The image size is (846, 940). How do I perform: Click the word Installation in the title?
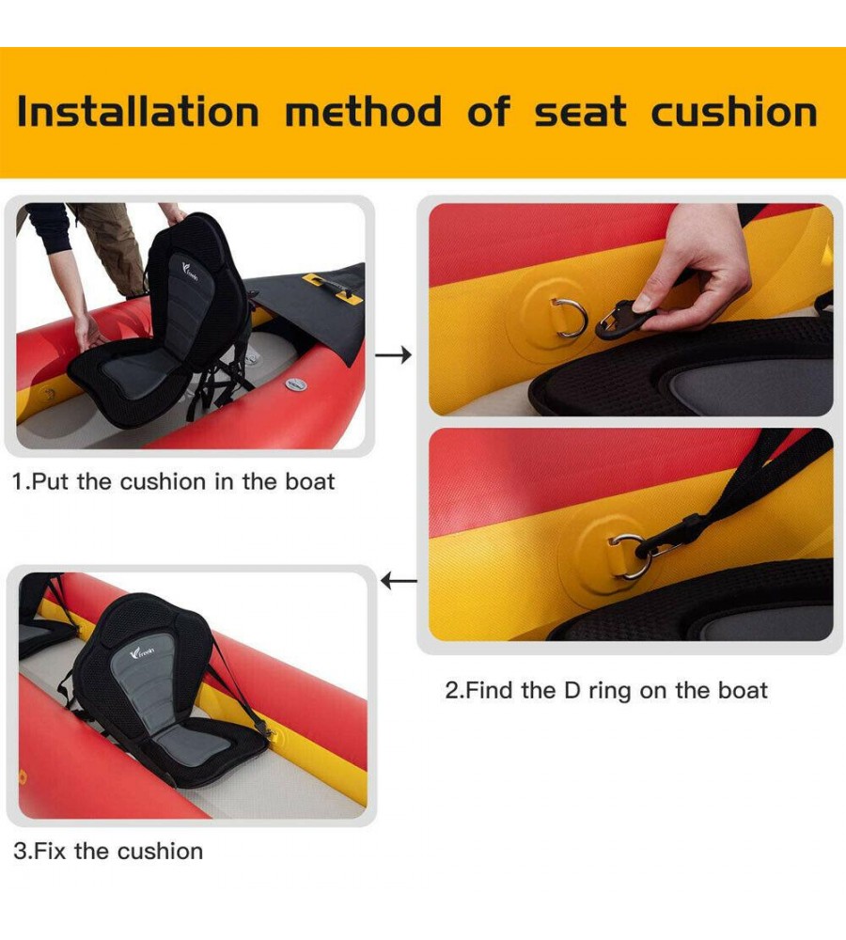click(138, 112)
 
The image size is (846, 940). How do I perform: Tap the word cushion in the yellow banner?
click(734, 112)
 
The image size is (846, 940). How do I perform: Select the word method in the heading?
click(364, 112)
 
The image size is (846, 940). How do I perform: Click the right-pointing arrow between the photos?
click(393, 355)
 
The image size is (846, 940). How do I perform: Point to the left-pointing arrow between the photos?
click(399, 581)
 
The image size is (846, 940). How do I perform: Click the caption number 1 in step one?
click(18, 482)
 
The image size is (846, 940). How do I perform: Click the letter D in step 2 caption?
click(572, 691)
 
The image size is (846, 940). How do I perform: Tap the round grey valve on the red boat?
click(295, 384)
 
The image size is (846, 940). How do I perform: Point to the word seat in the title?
click(580, 112)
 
